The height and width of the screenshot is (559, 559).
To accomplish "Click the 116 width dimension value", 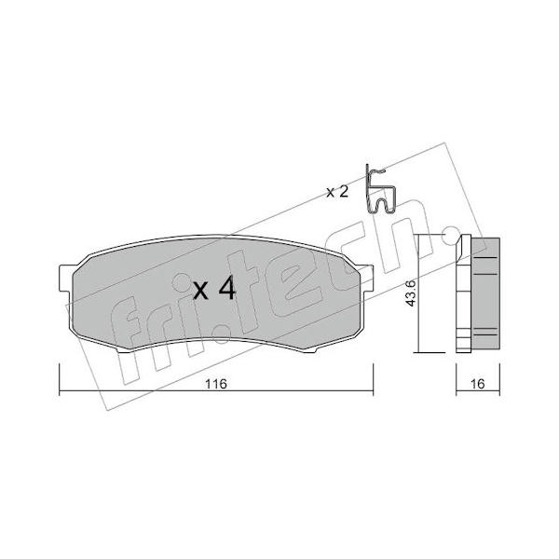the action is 216,384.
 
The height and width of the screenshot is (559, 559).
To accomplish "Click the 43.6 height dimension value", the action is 411,293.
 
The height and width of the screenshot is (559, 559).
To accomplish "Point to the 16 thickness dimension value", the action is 478,384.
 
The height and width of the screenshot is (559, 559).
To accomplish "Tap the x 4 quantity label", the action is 214,289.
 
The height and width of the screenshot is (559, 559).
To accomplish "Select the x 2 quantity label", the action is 337,193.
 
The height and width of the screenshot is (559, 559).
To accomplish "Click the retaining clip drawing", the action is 380,190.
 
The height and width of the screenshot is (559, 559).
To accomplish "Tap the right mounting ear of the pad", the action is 366,278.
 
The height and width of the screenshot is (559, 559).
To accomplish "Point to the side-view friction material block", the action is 485,293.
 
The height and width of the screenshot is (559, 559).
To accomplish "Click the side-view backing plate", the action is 464,293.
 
